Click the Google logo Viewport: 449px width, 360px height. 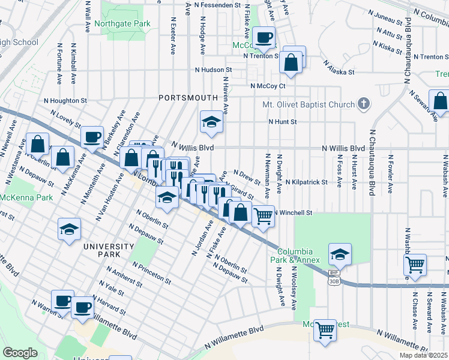pos(20,353)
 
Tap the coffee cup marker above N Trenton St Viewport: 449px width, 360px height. pos(264,38)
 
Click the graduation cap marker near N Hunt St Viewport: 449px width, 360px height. pos(211,122)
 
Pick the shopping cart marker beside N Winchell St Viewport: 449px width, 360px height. pos(263,215)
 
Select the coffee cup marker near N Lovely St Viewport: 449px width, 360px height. pos(92,137)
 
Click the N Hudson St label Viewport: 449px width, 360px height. pos(213,70)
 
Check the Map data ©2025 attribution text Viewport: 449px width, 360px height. pos(423,355)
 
